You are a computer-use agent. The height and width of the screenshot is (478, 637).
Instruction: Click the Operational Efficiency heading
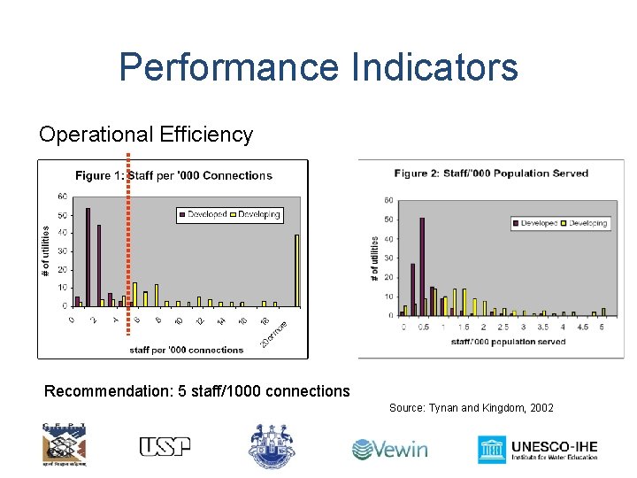pos(146,135)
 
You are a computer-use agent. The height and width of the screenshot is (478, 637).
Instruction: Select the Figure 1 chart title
pos(173,175)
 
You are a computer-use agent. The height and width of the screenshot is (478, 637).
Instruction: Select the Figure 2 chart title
pos(491,173)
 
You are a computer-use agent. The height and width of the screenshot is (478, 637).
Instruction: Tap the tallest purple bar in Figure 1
pos(88,257)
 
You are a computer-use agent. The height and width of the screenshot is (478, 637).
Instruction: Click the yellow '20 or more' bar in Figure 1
pos(296,270)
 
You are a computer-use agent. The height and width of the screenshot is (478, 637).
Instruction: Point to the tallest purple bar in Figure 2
pos(422,266)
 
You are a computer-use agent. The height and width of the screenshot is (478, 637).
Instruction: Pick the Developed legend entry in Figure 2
pos(534,223)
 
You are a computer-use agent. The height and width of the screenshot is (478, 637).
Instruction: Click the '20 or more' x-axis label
pos(275,333)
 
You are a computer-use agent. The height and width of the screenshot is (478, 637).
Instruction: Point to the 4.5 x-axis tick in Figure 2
pos(582,327)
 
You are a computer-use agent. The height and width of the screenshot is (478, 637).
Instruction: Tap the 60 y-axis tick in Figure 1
pos(62,196)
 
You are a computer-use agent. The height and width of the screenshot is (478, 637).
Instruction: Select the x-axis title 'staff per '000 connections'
pos(187,350)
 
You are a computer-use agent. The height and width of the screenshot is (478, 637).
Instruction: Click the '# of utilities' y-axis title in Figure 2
pos(375,258)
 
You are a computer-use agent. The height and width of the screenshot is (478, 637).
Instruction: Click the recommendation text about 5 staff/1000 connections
pos(197,391)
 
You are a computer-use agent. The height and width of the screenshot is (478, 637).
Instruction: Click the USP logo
pos(165,446)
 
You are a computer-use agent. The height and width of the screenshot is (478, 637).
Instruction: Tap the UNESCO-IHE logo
pos(538,448)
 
